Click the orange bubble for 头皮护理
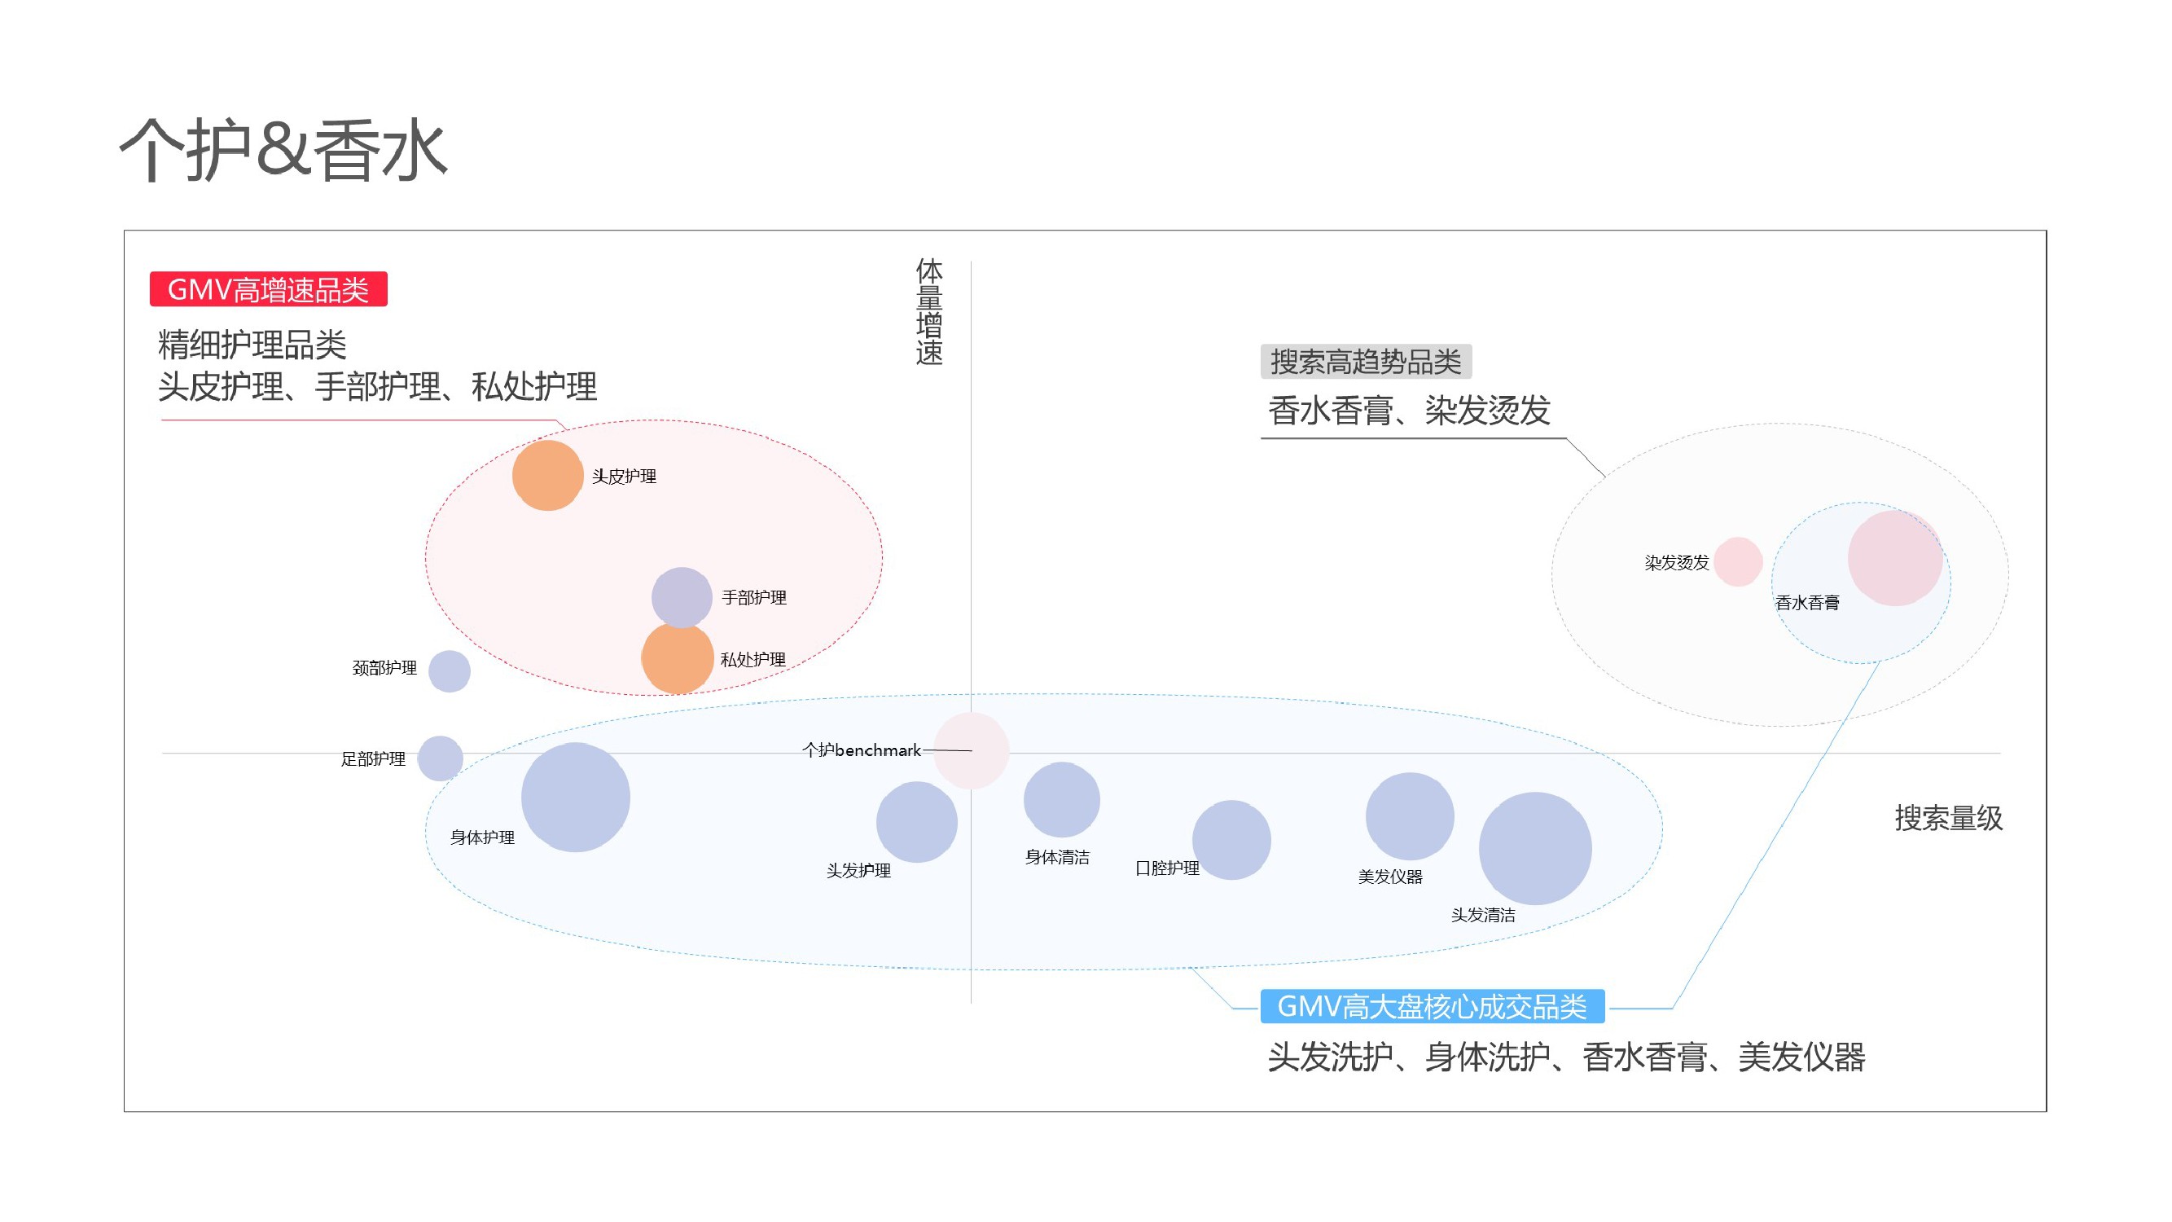pos(547,475)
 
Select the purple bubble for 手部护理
pos(682,597)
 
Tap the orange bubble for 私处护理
pos(677,658)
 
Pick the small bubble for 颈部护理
pos(449,671)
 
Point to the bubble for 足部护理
pos(440,758)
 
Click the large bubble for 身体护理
pos(575,797)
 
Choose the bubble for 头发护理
pos(916,822)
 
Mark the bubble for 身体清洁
pos(1060,799)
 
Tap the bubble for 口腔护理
pos(1231,840)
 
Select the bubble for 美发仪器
pos(1409,816)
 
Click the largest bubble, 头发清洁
pos(1534,848)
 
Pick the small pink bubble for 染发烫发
pos(1738,561)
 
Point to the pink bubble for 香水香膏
pos(1894,557)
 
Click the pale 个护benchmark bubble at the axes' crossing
pos(972,749)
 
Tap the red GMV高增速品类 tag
pos(268,289)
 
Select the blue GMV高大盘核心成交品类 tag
pos(1432,1006)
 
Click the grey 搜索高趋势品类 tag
pos(1365,362)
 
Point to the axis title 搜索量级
pos(1948,818)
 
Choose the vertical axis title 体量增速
pos(929,312)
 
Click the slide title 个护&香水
pos(283,150)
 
